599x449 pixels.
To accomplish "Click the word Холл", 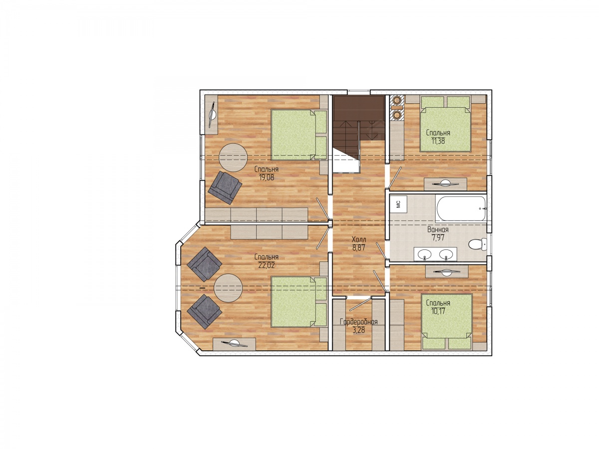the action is coord(356,239).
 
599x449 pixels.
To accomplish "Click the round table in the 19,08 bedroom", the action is coord(232,158).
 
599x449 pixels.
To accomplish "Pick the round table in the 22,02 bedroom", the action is coord(227,288).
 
